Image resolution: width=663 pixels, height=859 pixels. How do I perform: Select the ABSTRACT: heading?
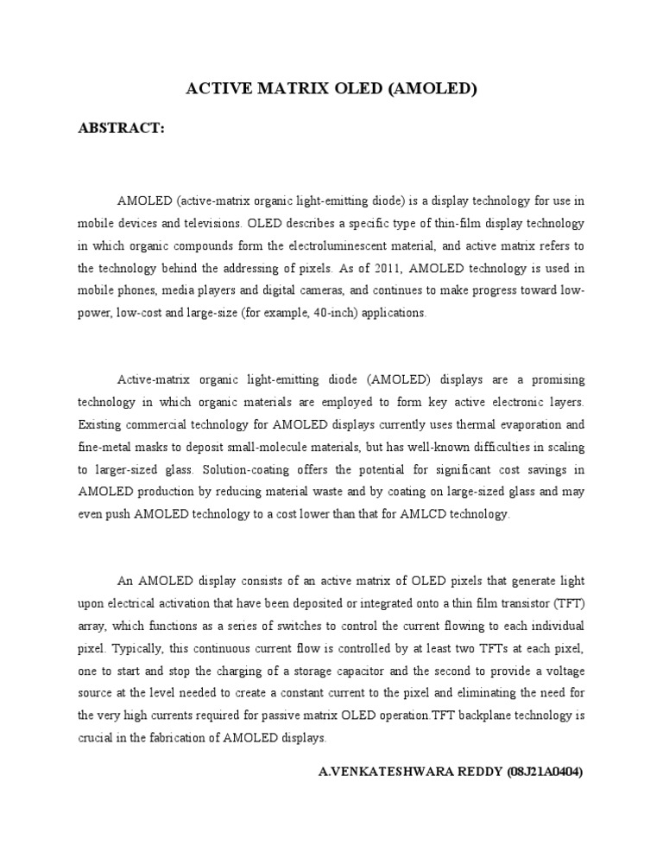(x=121, y=128)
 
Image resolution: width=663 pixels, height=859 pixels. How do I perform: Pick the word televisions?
(x=210, y=223)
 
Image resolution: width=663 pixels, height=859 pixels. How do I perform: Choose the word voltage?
(x=562, y=671)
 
